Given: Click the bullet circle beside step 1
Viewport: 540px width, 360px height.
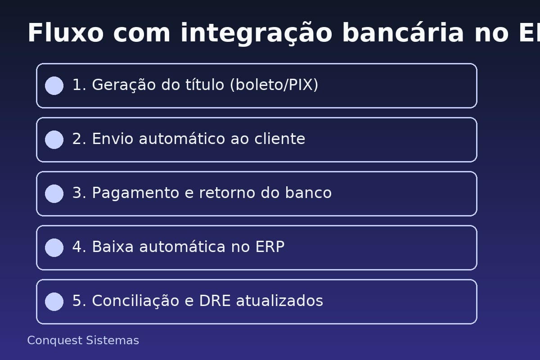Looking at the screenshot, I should [x=54, y=85].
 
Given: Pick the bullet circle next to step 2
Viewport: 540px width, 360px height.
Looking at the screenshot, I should [x=54, y=139].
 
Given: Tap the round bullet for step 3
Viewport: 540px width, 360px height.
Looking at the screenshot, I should [x=54, y=193].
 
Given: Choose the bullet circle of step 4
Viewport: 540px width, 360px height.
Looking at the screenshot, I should [x=54, y=247].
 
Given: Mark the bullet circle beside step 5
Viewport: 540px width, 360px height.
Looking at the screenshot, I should [x=54, y=301].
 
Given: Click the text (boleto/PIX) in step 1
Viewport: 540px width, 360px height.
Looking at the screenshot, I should [x=274, y=85].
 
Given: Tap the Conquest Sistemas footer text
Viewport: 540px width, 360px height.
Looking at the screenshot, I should [x=83, y=341].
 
